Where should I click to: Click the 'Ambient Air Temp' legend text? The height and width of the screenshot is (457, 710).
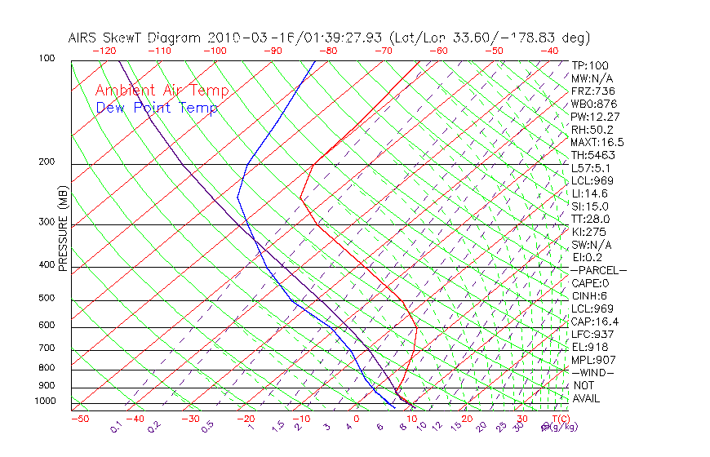tap(162, 91)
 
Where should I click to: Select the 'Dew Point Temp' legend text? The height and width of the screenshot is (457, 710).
tap(157, 109)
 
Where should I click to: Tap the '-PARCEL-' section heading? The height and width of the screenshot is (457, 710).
tap(598, 270)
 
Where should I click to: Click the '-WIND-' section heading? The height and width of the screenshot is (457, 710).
tap(593, 372)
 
